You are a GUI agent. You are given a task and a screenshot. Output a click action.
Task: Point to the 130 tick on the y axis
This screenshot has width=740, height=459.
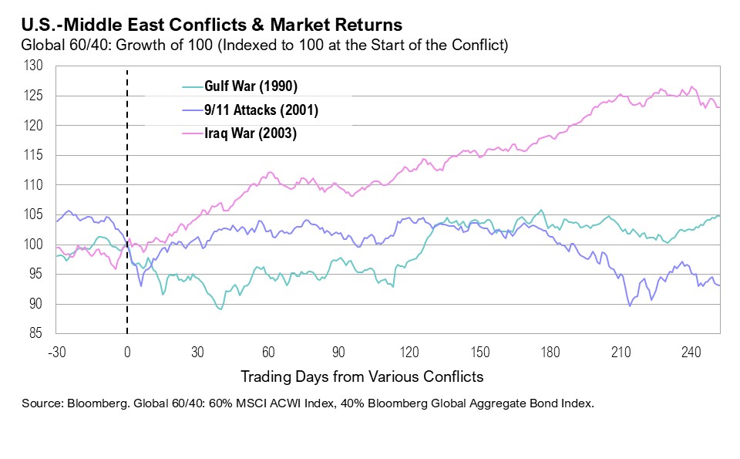pyautogui.click(x=34, y=66)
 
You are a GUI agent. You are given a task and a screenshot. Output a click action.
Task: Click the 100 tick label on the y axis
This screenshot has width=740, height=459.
pyautogui.click(x=34, y=245)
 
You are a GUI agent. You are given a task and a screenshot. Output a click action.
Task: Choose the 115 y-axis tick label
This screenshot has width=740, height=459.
pyautogui.click(x=34, y=156)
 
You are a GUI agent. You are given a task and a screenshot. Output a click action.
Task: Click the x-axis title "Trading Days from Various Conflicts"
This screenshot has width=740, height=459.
pyautogui.click(x=362, y=376)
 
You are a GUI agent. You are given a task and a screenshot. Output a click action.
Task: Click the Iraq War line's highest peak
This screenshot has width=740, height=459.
pyautogui.click(x=691, y=86)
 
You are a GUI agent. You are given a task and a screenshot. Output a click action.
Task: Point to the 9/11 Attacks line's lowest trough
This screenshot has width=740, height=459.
pyautogui.click(x=630, y=306)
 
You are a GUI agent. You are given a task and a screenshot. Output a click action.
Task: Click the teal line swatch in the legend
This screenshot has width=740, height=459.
pyautogui.click(x=193, y=86)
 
